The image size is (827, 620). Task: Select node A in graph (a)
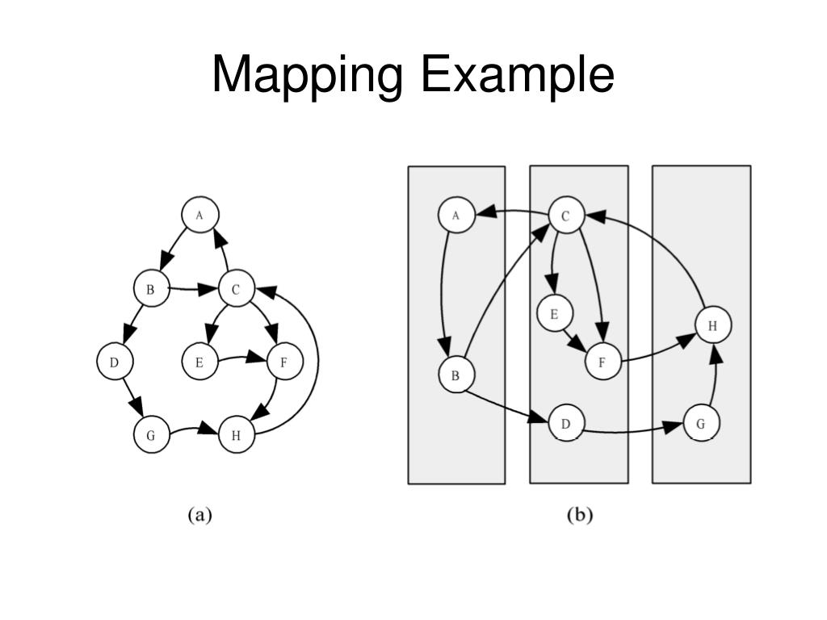pyautogui.click(x=199, y=215)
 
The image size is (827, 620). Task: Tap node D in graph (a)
pyautogui.click(x=114, y=362)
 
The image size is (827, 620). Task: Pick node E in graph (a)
pyautogui.click(x=199, y=362)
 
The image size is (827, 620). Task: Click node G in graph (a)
pyautogui.click(x=151, y=436)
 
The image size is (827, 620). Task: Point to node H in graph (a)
pyautogui.click(x=236, y=436)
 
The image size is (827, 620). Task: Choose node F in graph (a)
pyautogui.click(x=283, y=362)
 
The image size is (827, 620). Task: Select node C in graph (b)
pyautogui.click(x=565, y=216)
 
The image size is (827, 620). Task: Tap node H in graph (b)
pyautogui.click(x=712, y=325)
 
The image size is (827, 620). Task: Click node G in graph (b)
pyautogui.click(x=700, y=423)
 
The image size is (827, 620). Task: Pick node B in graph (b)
pyautogui.click(x=456, y=375)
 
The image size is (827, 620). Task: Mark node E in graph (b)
pyautogui.click(x=554, y=313)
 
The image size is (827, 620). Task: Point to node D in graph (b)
pyautogui.click(x=565, y=423)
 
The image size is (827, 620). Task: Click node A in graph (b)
pyautogui.click(x=456, y=216)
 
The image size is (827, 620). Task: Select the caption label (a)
pyautogui.click(x=199, y=515)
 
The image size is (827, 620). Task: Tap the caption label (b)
pyautogui.click(x=580, y=515)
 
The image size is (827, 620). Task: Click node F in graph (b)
pyautogui.click(x=602, y=362)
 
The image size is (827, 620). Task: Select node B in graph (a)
pyautogui.click(x=150, y=288)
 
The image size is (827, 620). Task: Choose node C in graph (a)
pyautogui.click(x=236, y=288)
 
